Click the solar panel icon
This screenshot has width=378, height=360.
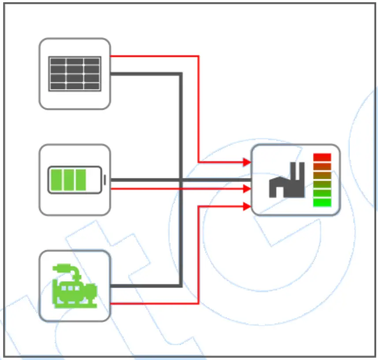click(x=74, y=74)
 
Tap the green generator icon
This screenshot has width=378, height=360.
click(x=74, y=286)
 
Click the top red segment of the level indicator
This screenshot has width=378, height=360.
click(x=322, y=157)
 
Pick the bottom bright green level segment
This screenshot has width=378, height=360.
click(x=322, y=203)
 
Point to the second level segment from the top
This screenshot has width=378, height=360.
click(x=322, y=167)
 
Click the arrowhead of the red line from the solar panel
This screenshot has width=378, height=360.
click(x=247, y=162)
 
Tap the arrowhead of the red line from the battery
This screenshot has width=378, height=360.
click(x=247, y=189)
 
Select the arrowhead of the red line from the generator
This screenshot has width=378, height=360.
click(x=247, y=206)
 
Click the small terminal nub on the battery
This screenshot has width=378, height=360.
click(x=105, y=180)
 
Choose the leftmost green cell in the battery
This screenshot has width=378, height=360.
click(x=56, y=180)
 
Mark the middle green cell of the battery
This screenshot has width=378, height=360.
click(x=68, y=180)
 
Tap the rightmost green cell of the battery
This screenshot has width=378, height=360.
click(x=81, y=180)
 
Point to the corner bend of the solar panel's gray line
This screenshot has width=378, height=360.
click(x=181, y=74)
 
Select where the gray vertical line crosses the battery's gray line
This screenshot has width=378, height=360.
click(x=181, y=180)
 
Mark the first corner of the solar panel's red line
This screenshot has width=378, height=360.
click(x=199, y=56)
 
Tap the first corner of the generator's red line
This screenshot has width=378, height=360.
click(x=199, y=303)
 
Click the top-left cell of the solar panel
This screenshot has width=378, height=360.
click(x=57, y=62)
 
